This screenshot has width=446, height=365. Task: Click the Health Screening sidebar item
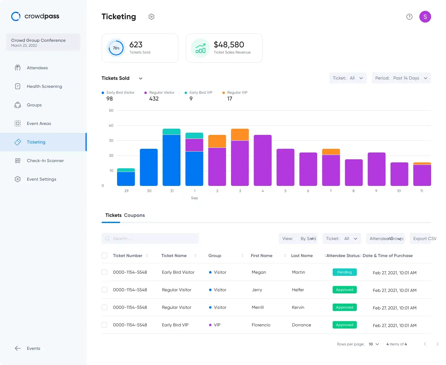pos(44,86)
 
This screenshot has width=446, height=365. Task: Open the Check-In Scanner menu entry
pos(45,161)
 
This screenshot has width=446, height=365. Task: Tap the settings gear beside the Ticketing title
pos(151,17)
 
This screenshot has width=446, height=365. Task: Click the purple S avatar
pos(425,17)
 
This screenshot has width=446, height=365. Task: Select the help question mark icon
pos(409,17)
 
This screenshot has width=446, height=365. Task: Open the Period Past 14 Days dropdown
pos(401,78)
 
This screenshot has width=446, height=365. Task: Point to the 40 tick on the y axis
pos(111,125)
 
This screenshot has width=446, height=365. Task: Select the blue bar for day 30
pos(149,167)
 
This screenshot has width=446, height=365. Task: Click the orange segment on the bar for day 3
pos(240,135)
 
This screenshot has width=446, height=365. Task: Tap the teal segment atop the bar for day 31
pos(171,131)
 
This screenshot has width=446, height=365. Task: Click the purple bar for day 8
pos(354,172)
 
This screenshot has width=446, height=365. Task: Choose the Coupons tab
pos(134,215)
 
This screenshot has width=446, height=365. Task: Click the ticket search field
pos(150,238)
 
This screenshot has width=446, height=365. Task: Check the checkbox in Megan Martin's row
pos(104,272)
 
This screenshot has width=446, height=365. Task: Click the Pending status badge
pos(344,272)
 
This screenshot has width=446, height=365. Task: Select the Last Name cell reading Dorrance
pos(301,325)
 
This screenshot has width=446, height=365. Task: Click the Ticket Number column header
pos(128,255)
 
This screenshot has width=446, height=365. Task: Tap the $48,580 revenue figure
pos(229,45)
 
